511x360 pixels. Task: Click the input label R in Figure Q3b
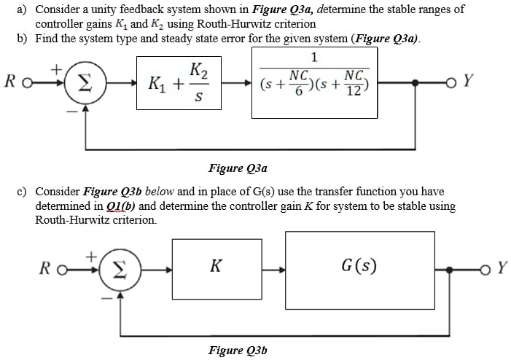point(45,267)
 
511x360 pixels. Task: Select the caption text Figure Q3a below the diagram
point(238,168)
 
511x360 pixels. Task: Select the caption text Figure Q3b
point(238,351)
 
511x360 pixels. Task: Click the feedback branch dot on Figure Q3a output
point(416,82)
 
